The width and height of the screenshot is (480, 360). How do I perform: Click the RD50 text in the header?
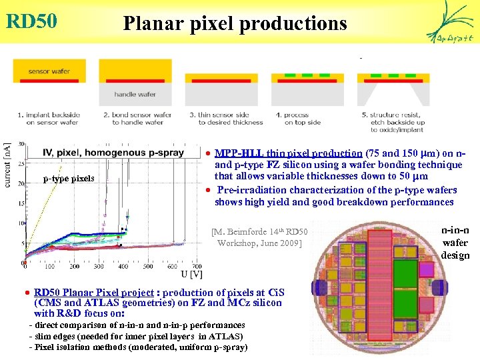click(31, 21)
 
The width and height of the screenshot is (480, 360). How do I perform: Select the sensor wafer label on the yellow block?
click(47, 71)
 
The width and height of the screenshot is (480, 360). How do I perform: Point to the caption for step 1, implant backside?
click(47, 119)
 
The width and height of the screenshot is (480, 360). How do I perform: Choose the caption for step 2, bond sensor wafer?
click(137, 119)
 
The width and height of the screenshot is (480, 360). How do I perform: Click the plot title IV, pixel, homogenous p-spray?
click(113, 153)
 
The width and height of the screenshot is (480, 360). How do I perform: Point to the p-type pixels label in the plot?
click(68, 178)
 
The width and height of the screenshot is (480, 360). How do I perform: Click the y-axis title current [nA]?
click(7, 164)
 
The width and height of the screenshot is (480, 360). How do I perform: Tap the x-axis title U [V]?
click(192, 274)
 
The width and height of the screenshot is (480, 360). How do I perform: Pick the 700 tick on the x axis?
click(197, 265)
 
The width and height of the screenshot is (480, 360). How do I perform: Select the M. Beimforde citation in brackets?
click(259, 237)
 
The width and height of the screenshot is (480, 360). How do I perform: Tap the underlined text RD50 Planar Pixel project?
click(93, 292)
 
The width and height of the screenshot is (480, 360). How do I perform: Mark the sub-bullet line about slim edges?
click(136, 337)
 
